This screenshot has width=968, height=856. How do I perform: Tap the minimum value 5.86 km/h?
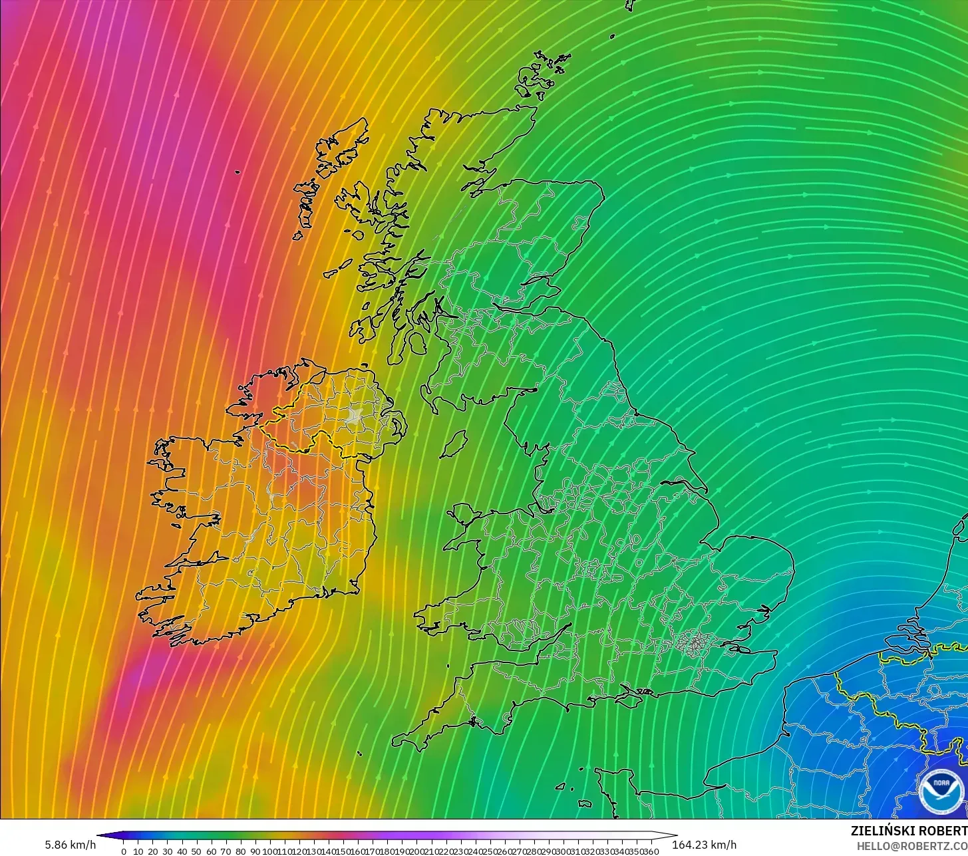[70, 845]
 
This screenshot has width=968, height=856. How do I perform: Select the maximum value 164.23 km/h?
[704, 845]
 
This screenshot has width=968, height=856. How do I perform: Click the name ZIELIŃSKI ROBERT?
[909, 831]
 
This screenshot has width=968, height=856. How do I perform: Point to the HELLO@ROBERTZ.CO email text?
[912, 845]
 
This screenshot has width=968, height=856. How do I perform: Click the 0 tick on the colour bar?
[124, 851]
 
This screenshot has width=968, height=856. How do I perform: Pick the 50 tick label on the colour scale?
[196, 851]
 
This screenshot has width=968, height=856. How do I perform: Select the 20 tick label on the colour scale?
[153, 851]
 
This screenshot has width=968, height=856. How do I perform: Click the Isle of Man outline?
[454, 444]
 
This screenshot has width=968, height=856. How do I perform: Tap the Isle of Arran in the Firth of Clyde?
[417, 343]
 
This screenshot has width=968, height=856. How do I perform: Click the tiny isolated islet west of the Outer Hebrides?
[238, 173]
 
